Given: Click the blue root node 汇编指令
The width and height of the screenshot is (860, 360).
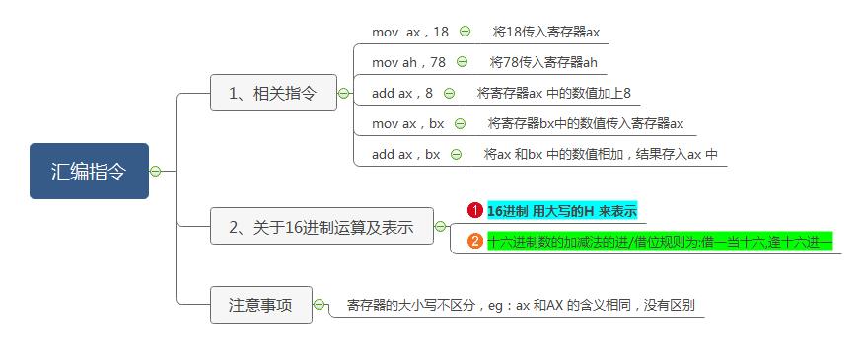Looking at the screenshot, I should [x=89, y=171].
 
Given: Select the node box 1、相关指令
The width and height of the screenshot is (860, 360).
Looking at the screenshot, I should [x=273, y=94].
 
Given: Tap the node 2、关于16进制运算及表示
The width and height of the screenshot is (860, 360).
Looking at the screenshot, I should [x=321, y=227].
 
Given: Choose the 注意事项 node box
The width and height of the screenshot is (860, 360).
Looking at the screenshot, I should [x=260, y=305].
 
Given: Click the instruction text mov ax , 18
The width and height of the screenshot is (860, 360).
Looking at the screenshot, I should [x=409, y=32].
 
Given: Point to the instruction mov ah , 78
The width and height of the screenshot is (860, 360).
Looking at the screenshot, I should [x=408, y=62].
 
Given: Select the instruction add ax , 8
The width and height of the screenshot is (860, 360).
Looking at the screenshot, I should [x=401, y=94].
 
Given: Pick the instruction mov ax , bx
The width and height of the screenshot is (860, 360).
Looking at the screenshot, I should [x=407, y=124].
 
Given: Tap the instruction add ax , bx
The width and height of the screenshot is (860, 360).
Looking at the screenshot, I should [x=405, y=155].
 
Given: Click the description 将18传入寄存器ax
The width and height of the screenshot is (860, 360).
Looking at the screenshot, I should [x=545, y=32].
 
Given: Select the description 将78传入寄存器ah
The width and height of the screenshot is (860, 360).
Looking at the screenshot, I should [x=543, y=62].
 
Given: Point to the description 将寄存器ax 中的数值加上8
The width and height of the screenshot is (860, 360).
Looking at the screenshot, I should [x=553, y=94].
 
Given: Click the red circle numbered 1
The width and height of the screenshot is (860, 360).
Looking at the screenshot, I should [x=474, y=211].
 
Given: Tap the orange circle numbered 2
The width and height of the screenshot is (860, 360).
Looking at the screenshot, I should [x=474, y=242].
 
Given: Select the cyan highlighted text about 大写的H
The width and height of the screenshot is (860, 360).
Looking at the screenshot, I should [x=562, y=211].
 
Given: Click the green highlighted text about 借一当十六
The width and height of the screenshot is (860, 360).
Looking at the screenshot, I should [x=660, y=242].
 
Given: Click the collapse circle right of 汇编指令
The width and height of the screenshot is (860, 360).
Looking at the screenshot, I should [x=155, y=172].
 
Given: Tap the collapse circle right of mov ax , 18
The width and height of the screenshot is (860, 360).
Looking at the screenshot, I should [x=465, y=32].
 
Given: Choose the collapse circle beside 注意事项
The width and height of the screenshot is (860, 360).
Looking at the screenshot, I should [x=320, y=305].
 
